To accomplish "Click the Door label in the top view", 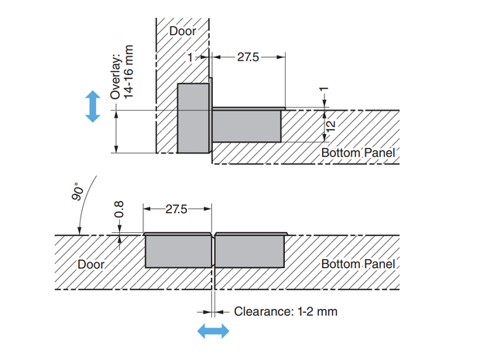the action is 183,31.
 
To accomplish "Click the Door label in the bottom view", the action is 91,264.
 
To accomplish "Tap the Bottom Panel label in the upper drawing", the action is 358,153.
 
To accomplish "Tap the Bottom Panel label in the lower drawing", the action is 358,264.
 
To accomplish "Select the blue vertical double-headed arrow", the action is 93,106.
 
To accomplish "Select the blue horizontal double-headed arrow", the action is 213,331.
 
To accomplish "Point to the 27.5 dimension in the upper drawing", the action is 248,57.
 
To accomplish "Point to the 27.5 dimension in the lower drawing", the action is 177,209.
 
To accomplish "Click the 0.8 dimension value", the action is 118,209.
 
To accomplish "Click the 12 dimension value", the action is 331,126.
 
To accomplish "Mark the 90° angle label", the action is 77,192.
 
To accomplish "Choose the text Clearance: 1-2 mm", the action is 286,312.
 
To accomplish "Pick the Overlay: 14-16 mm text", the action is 122,72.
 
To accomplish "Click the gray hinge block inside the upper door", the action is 194,118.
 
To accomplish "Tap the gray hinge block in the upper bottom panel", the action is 246,126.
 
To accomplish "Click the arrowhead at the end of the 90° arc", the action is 80,231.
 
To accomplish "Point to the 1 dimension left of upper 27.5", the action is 190,57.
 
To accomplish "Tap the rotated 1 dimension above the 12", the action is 324,89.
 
